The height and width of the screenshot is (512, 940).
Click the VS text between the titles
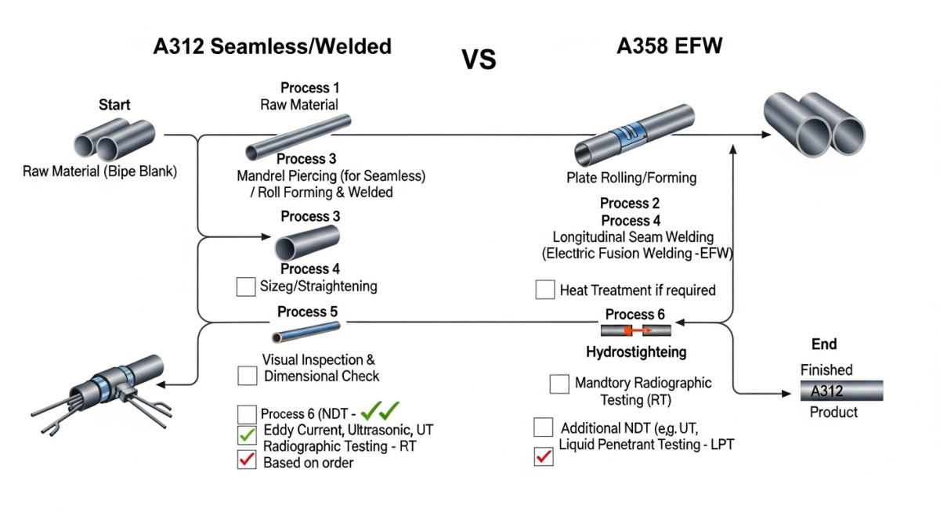point(479,59)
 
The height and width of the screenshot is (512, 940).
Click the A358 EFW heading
point(669,46)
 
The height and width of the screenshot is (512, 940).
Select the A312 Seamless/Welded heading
point(272,46)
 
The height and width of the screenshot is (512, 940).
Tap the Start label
point(114,104)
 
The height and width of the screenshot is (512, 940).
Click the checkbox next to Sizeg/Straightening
point(245,287)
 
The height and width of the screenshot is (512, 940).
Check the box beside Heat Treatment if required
point(545,290)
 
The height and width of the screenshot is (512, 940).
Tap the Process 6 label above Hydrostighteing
point(634,314)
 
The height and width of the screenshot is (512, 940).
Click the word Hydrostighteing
point(636,352)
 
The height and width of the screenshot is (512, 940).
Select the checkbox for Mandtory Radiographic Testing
point(559,384)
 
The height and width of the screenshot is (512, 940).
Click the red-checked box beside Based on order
point(246,461)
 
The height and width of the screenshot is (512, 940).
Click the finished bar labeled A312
point(841,390)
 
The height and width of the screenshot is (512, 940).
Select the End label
point(824,344)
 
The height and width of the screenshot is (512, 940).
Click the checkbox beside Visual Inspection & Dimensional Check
point(247,375)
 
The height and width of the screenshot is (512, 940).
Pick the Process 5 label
point(309,312)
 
